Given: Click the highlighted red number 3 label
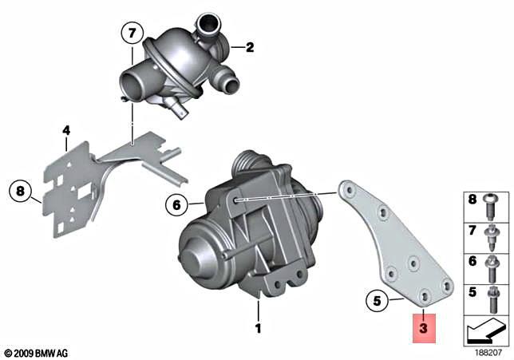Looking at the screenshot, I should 423,327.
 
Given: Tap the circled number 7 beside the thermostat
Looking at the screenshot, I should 132,34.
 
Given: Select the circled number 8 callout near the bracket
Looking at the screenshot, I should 21,191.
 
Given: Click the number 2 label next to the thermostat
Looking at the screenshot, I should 249,48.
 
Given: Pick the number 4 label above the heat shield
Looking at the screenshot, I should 67,129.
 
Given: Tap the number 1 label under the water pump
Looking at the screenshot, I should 258,328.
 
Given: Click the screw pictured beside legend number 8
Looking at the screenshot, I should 492,204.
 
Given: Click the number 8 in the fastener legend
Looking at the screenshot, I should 470,199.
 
